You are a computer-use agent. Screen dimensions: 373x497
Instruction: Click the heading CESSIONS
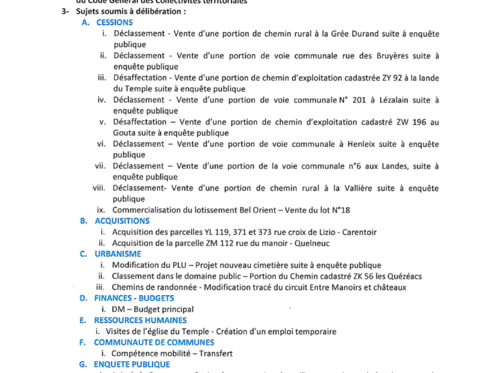point(115,22)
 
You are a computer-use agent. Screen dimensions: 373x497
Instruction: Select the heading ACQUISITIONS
point(122,221)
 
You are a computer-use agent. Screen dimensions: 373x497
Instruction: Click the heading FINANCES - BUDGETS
point(134,298)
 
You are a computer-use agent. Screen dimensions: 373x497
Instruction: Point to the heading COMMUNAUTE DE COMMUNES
point(154,342)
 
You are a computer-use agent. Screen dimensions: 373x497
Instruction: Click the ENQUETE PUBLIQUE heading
point(132,364)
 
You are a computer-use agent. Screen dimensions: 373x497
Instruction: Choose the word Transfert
point(212,353)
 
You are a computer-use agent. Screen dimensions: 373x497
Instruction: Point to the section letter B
point(83,221)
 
